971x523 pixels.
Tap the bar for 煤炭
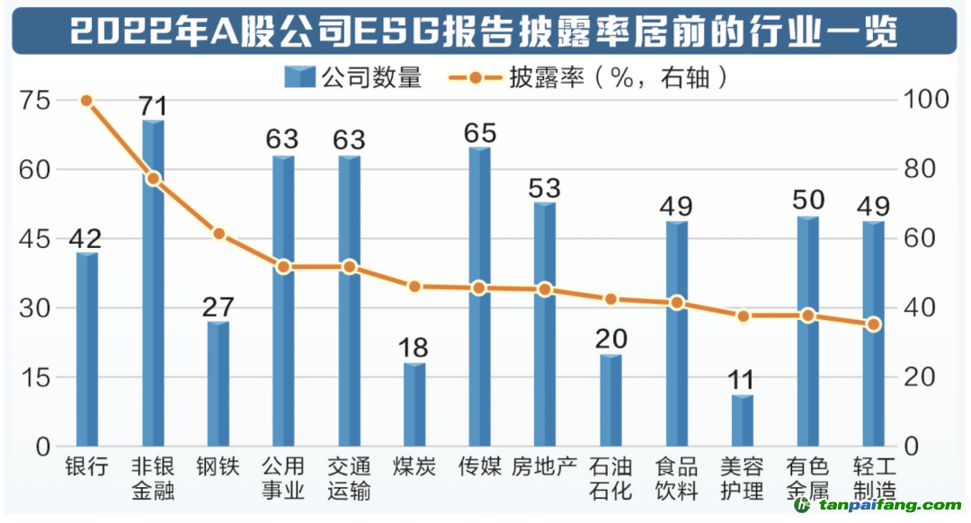click(414, 404)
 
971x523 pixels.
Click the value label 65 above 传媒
click(480, 133)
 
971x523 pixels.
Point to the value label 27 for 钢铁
click(218, 306)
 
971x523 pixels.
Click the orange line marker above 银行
click(86, 101)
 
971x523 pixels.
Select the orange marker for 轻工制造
click(873, 324)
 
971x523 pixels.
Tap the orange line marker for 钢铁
click(218, 234)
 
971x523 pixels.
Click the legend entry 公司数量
click(353, 78)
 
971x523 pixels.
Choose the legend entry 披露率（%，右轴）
click(589, 78)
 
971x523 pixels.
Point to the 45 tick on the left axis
click(34, 239)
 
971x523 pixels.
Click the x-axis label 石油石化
click(610, 479)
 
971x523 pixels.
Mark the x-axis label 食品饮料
click(676, 479)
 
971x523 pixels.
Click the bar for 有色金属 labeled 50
click(807, 332)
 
